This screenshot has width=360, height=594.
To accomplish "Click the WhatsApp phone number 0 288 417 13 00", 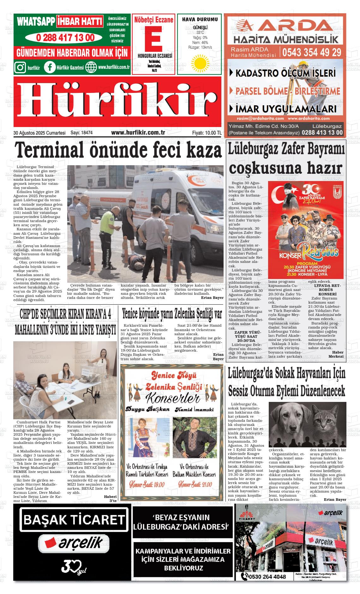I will pos(65,38).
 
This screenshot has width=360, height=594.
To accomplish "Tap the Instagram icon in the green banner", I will pos(20,67).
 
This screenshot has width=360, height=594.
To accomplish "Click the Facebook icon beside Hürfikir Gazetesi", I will pos(50,67).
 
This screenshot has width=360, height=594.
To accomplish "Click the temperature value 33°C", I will pos(200,33).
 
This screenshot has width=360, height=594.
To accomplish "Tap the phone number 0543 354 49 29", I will pos(312,52).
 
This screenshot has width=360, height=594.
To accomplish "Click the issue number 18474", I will pos(87,133).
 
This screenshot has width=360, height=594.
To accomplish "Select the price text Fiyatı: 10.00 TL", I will pos(207,133).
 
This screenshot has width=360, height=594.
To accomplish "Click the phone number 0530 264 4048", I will pos(267,576).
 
